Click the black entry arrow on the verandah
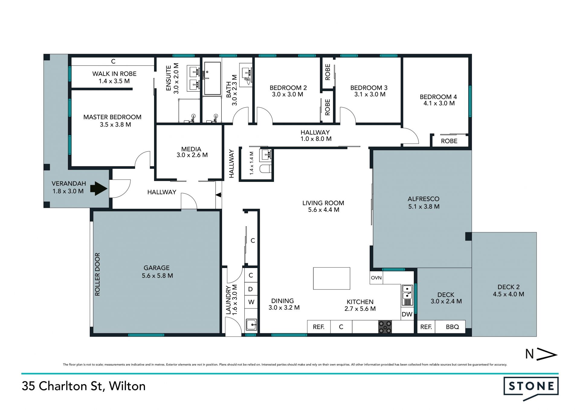[99, 189]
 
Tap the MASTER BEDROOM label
[112, 117]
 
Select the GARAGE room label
[156, 268]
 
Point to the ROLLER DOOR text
[97, 274]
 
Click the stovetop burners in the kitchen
[385, 327]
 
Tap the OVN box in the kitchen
[376, 278]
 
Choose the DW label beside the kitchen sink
[407, 314]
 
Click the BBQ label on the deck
[452, 327]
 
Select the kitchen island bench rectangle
[332, 278]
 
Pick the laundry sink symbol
[251, 325]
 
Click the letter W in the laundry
[251, 302]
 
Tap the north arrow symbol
[541, 354]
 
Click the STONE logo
[531, 388]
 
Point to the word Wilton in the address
[127, 386]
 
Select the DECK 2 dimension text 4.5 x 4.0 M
[508, 294]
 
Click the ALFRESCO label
[424, 199]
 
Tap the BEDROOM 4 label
[438, 97]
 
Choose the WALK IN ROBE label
[114, 74]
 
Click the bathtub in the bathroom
[212, 79]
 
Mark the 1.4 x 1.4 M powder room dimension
[252, 163]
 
